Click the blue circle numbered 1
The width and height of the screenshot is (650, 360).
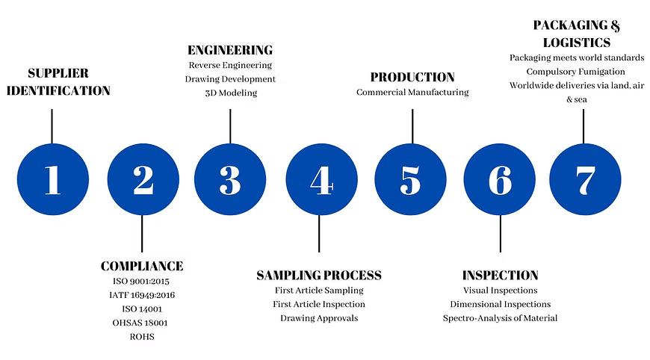tap(53, 179)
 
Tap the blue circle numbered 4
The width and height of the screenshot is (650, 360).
tap(322, 179)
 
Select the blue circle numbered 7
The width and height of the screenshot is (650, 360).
tap(585, 179)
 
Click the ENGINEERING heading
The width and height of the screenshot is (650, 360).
tap(230, 50)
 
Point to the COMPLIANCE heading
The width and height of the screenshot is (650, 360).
tap(142, 266)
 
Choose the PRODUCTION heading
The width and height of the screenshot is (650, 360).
tap(412, 77)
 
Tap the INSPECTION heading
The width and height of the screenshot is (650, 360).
tap(501, 275)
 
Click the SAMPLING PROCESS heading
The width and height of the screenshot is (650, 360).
tap(319, 275)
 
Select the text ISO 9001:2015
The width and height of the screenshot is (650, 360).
tap(141, 282)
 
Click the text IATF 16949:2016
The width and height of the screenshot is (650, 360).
tap(142, 295)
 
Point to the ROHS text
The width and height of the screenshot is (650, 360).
tap(142, 337)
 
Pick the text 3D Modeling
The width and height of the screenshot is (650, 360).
tap(231, 93)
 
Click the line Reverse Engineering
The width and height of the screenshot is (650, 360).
tap(230, 65)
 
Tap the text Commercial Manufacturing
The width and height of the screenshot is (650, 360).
tap(412, 92)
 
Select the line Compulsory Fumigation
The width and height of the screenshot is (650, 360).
tap(576, 72)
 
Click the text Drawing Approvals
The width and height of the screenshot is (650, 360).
tap(319, 318)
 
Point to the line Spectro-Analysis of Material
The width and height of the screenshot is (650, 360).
tap(500, 318)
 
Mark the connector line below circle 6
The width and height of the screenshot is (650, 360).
tap(501, 234)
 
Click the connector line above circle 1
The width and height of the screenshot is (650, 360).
tap(52, 126)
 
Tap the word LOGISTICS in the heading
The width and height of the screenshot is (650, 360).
tap(577, 43)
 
